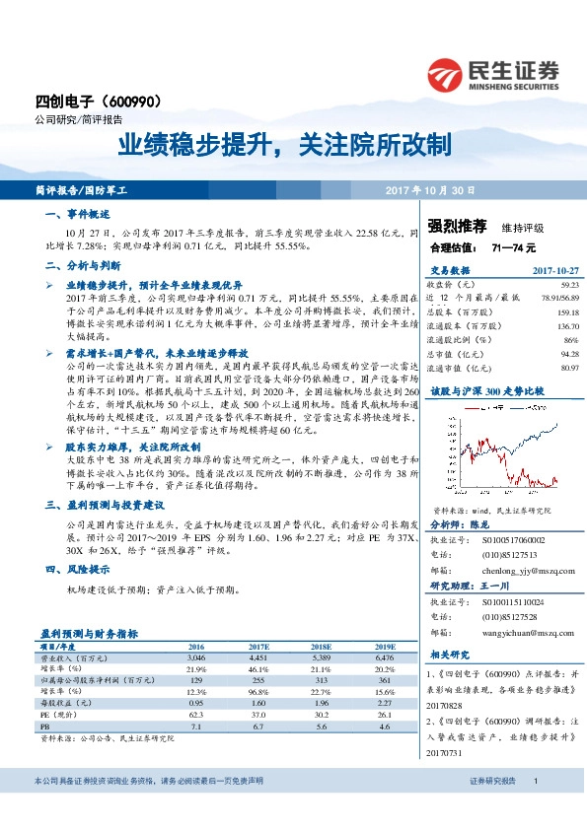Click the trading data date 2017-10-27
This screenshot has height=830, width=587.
point(553,268)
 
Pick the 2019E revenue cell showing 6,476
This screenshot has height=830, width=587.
point(383,656)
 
